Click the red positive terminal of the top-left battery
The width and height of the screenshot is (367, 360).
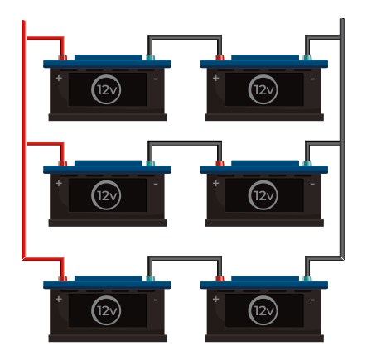[x=62, y=57]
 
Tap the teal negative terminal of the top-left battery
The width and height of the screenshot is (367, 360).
[x=150, y=57]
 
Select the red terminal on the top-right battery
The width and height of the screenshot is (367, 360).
[x=220, y=57]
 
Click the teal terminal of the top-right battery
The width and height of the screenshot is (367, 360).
[x=307, y=57]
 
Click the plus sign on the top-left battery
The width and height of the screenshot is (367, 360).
[x=59, y=78]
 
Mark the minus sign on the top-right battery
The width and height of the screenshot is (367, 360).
[x=312, y=79]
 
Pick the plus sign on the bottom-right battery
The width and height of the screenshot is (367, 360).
[x=215, y=299]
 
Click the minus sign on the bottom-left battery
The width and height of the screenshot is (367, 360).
[x=156, y=300]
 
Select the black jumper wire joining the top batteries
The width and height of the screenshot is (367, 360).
[x=185, y=37]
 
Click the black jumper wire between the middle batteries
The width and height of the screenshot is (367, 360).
[x=185, y=143]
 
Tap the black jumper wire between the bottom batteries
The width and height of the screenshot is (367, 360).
[x=185, y=258]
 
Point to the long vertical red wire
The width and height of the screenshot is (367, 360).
[x=24, y=140]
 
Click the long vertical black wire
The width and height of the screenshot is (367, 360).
[x=342, y=139]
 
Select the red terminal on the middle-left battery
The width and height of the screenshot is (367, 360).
[x=62, y=163]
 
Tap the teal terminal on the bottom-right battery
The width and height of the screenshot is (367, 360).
[x=307, y=278]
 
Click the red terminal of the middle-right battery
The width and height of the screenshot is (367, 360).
[x=220, y=163]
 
